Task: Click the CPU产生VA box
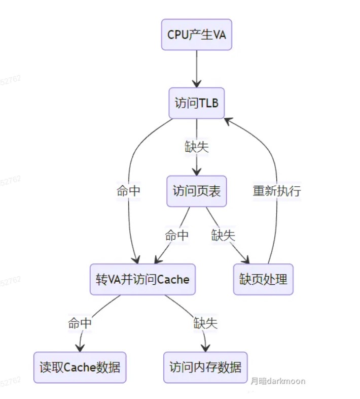tap(197, 35)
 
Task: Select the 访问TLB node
tap(197, 103)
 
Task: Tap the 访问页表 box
tap(197, 191)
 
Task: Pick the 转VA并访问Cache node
tap(142, 279)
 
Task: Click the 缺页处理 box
tap(263, 279)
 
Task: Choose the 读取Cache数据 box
tap(80, 367)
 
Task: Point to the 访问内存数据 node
tap(205, 367)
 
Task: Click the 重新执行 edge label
tap(277, 191)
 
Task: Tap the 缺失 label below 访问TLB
tap(197, 147)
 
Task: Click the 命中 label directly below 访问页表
tap(176, 235)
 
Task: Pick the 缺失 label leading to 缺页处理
tap(224, 235)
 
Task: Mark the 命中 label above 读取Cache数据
tap(80, 323)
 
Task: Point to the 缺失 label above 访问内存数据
tap(205, 323)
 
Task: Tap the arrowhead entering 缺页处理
tap(247, 261)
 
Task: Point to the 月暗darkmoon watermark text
tap(277, 381)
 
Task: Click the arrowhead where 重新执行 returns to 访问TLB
tap(228, 120)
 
